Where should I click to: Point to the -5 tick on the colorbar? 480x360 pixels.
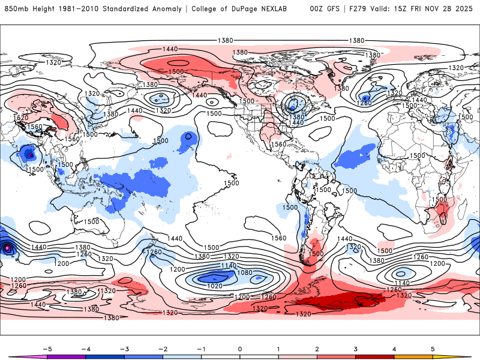click(46, 348)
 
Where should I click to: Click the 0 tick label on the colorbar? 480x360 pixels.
click(240, 348)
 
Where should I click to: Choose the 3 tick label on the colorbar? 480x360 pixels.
click(356, 348)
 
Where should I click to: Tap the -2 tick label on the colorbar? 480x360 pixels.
click(163, 348)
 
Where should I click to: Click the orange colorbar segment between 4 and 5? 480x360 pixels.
click(414, 356)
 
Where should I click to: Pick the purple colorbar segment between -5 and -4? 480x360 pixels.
click(66, 356)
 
